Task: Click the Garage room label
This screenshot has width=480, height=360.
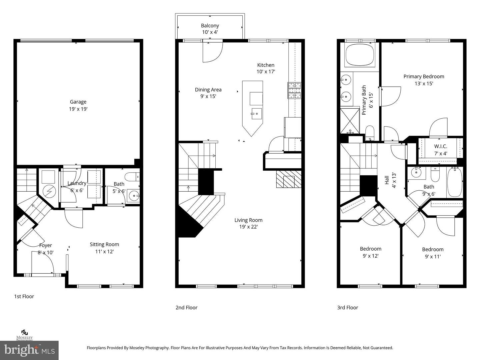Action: pyautogui.click(x=78, y=102)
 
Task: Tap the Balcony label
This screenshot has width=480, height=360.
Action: pyautogui.click(x=210, y=26)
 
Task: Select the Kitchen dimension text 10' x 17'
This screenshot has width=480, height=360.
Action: pyautogui.click(x=266, y=72)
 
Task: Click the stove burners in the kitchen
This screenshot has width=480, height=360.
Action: pyautogui.click(x=294, y=90)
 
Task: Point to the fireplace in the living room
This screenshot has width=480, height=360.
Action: pyautogui.click(x=288, y=179)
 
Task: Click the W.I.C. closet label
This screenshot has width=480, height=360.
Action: pyautogui.click(x=440, y=146)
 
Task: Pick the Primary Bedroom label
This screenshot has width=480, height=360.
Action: pyautogui.click(x=424, y=76)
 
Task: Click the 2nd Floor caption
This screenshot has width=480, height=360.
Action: pyautogui.click(x=186, y=307)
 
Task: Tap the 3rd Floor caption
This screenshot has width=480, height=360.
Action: pyautogui.click(x=347, y=307)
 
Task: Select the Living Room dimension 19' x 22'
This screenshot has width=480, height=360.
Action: pyautogui.click(x=248, y=227)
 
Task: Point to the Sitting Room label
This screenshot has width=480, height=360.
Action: pyautogui.click(x=104, y=244)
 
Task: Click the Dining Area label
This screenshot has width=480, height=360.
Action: pyautogui.click(x=208, y=89)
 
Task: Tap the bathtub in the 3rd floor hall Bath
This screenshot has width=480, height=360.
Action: pyautogui.click(x=455, y=182)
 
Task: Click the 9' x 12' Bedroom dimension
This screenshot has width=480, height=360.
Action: pyautogui.click(x=370, y=256)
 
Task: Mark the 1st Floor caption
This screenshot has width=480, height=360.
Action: pyautogui.click(x=24, y=296)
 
